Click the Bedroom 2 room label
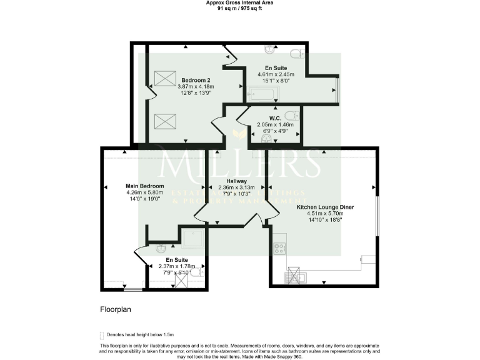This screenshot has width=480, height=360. pyautogui.click(x=196, y=80)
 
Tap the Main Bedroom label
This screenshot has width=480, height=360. pyautogui.click(x=144, y=186)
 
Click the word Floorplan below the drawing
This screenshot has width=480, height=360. pyautogui.click(x=115, y=309)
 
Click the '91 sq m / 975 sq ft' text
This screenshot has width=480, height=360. pyautogui.click(x=239, y=9)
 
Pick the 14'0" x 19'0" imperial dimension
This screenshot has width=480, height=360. pyautogui.click(x=145, y=199)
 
